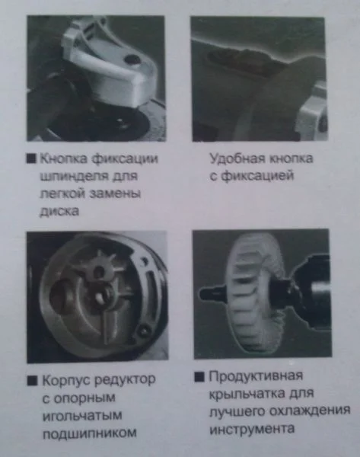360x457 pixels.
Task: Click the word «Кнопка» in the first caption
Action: click(x=63, y=158)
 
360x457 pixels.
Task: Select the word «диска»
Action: click(x=59, y=211)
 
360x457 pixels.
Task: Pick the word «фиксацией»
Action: click(x=257, y=176)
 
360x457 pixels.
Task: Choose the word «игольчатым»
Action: click(x=82, y=416)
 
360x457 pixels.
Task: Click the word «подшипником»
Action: click(x=89, y=433)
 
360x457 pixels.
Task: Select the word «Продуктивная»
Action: click(x=256, y=376)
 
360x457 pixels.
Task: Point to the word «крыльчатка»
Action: click(x=247, y=394)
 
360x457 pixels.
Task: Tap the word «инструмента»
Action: click(x=252, y=429)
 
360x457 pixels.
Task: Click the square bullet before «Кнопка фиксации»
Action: click(x=31, y=158)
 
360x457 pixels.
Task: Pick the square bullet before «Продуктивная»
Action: click(x=199, y=377)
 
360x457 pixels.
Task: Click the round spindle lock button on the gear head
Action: click(x=132, y=59)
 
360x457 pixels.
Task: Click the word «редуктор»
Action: click(x=126, y=380)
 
